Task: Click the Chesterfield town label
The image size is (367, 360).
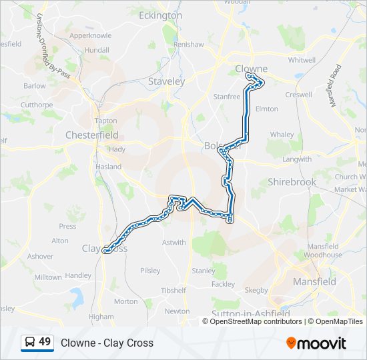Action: [x=91, y=135]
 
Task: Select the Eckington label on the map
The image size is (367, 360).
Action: [x=160, y=15]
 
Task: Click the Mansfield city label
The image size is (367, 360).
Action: [x=314, y=281]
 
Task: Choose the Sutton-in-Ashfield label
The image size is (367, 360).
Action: [x=250, y=313]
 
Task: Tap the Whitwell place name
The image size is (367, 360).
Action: [x=302, y=59]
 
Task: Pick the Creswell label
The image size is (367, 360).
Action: [x=298, y=95]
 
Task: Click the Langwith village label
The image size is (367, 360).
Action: [x=297, y=159]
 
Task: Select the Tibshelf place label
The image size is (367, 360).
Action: [x=173, y=291]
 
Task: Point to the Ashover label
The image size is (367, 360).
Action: [x=40, y=256]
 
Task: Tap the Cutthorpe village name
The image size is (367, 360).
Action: [x=36, y=105]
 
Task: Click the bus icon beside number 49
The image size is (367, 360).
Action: [x=30, y=343]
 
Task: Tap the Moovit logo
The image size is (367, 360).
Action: [x=316, y=343]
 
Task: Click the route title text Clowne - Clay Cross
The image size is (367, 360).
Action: [x=107, y=343]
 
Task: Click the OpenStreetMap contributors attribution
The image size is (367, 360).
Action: [x=256, y=321]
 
